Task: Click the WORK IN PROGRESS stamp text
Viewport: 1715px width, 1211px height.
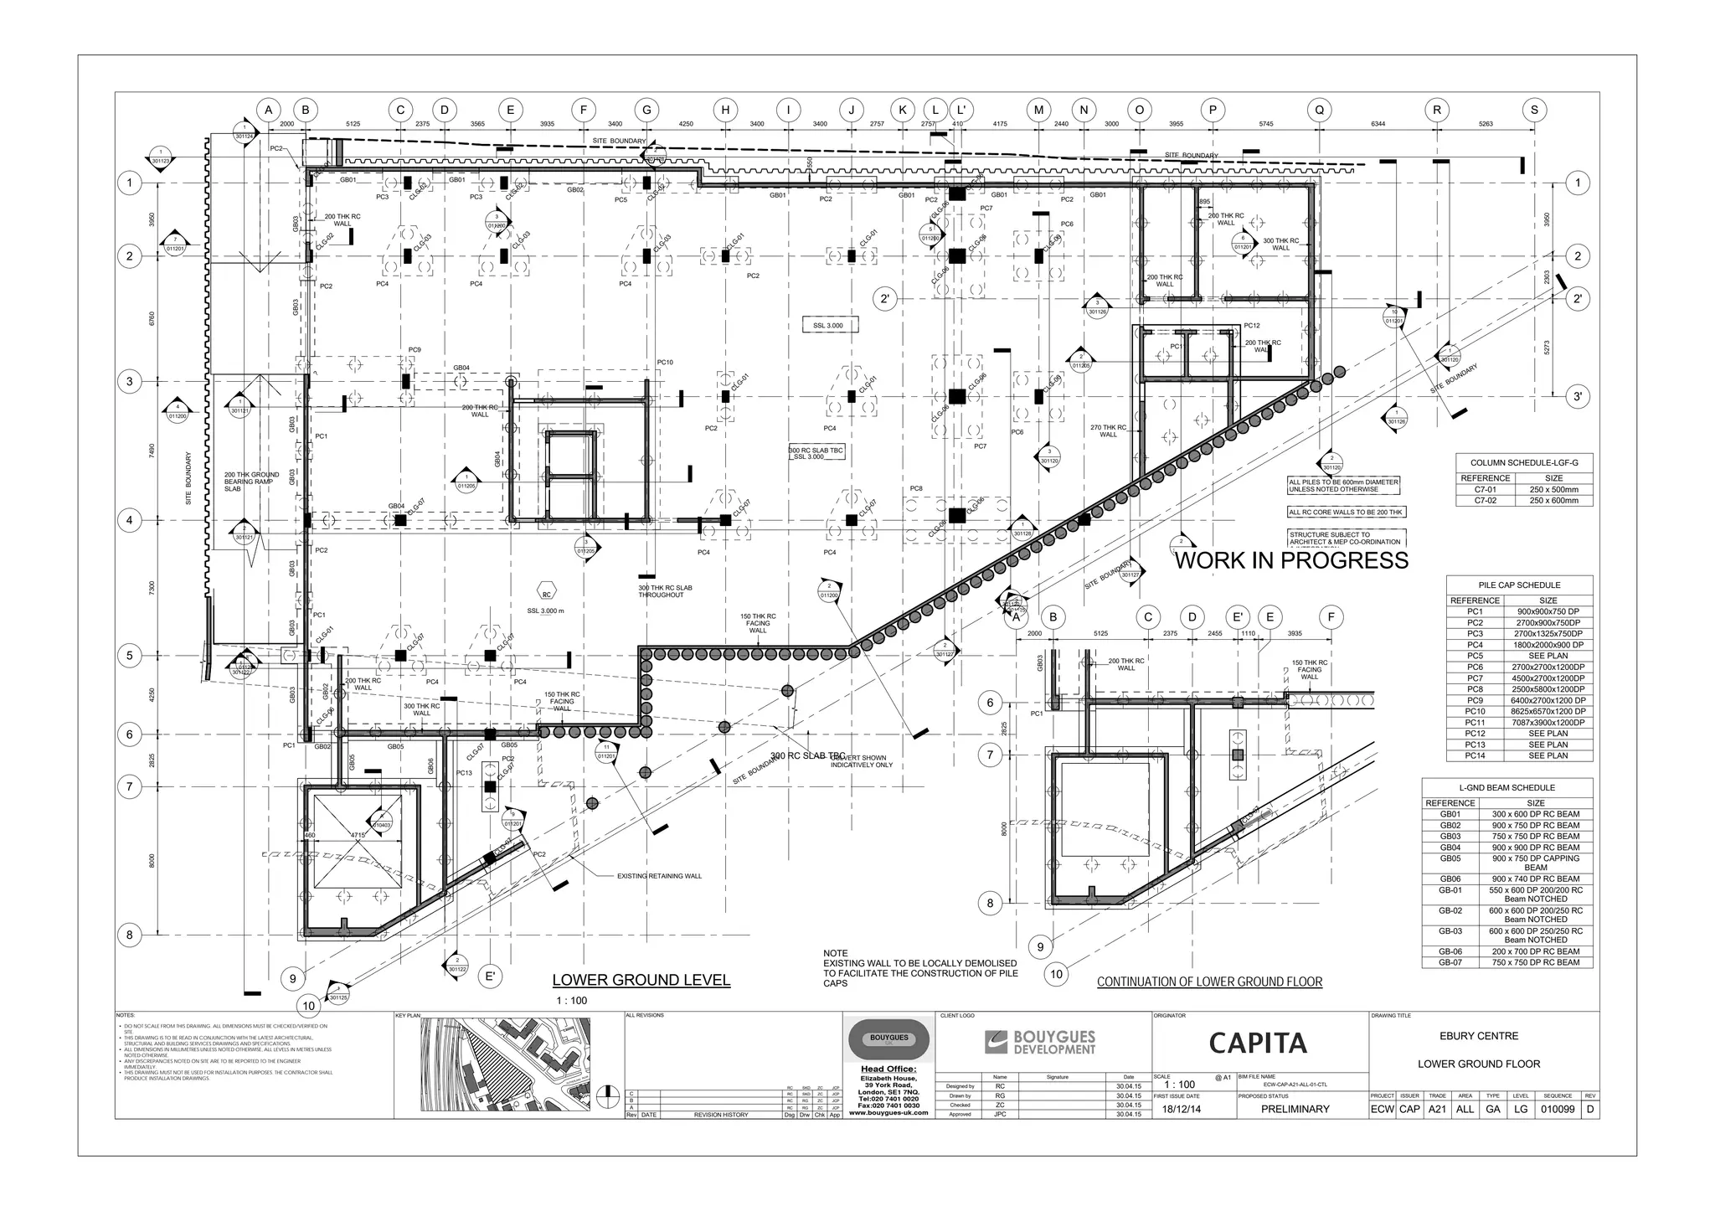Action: click(x=1291, y=561)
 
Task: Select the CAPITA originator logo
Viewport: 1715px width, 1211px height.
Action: click(x=1258, y=1043)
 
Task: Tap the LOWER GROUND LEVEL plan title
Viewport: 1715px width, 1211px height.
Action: click(x=641, y=980)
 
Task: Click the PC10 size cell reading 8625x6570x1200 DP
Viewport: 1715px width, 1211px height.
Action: click(x=1548, y=711)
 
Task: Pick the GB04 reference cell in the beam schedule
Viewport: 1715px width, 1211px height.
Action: click(x=1450, y=848)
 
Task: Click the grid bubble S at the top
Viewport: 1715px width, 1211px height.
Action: click(x=1534, y=110)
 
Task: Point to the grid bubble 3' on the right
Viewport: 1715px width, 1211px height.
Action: click(x=1577, y=396)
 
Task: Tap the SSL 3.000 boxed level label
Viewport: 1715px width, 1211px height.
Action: click(x=827, y=325)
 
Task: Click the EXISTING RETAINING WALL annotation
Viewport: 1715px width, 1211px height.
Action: click(x=659, y=876)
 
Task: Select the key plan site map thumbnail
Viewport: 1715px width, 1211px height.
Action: click(x=505, y=1064)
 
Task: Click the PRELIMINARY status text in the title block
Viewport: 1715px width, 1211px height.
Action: click(x=1295, y=1109)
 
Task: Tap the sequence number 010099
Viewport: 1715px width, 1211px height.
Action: click(x=1557, y=1109)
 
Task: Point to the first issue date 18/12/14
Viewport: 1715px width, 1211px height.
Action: click(x=1181, y=1109)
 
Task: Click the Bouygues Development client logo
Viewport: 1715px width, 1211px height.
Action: click(x=1040, y=1043)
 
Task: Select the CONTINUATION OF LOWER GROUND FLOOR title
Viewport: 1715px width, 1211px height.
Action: click(x=1209, y=982)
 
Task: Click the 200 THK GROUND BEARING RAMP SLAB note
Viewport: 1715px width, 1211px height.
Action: click(x=251, y=482)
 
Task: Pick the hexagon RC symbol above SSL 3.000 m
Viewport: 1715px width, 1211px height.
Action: click(x=546, y=595)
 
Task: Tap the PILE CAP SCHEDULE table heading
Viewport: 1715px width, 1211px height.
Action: click(x=1518, y=585)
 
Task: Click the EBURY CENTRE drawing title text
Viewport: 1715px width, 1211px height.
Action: click(x=1479, y=1036)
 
